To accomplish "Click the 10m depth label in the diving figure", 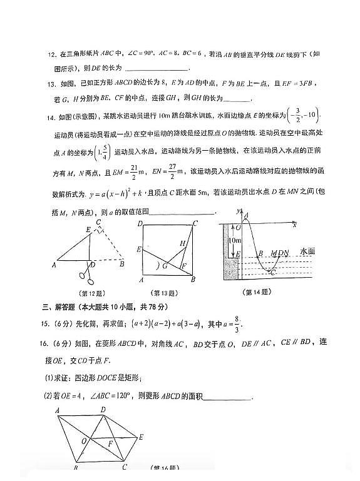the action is click(x=237, y=240).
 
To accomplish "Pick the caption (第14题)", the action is click(x=257, y=291).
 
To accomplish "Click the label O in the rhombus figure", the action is click(x=84, y=440).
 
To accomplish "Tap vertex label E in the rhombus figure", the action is click(x=141, y=437).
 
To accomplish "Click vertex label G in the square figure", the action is click(x=165, y=266).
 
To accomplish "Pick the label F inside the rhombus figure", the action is click(x=111, y=442).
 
